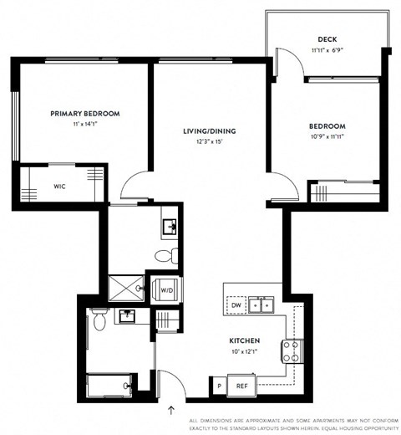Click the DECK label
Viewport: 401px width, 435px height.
click(326, 39)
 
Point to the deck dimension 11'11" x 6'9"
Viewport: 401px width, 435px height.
click(326, 50)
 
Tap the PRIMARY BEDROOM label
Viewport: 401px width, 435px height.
click(84, 114)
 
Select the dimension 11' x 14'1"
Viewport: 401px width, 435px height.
click(84, 125)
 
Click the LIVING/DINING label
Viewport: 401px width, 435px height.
click(208, 130)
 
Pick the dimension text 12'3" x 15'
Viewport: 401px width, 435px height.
click(208, 141)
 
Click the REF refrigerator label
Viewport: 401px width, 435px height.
click(242, 386)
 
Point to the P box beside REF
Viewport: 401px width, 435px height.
click(219, 386)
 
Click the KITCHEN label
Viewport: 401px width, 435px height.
click(246, 341)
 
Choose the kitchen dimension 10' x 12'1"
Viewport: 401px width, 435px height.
click(246, 351)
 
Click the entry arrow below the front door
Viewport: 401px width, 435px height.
click(172, 410)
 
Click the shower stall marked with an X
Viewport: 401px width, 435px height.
click(128, 289)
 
